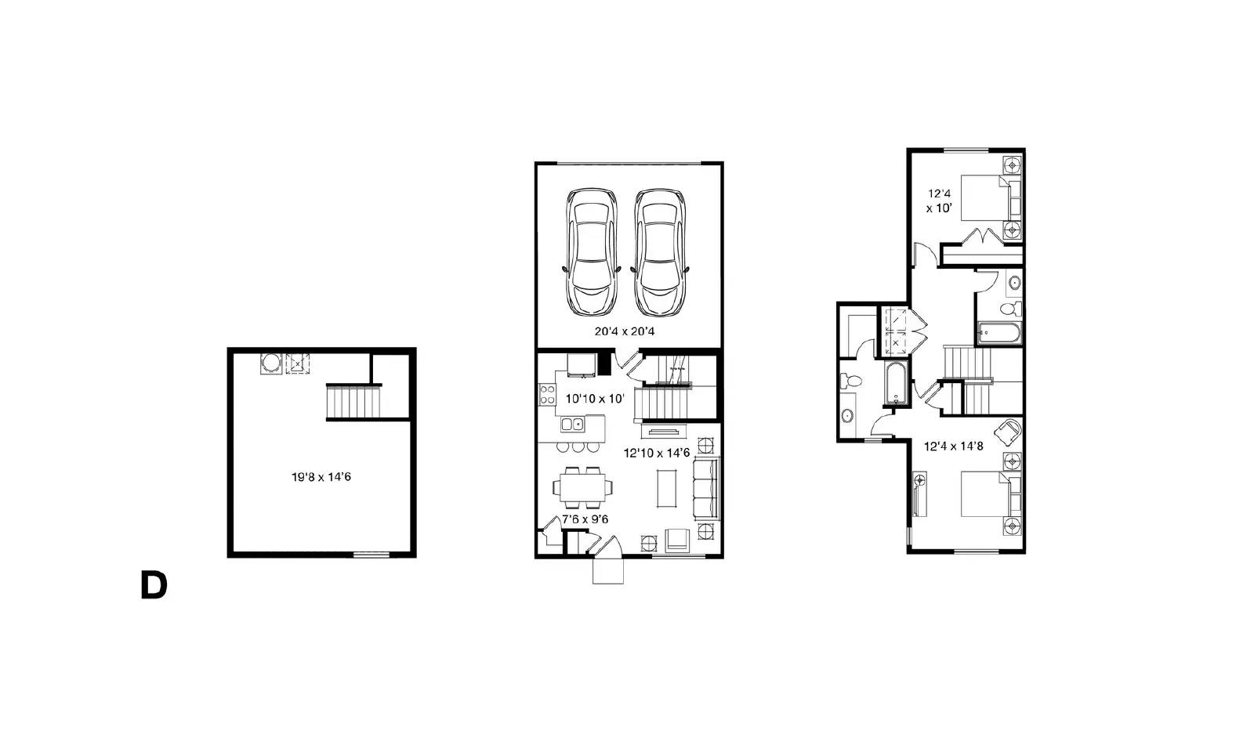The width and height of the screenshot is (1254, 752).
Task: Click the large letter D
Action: (x=154, y=585)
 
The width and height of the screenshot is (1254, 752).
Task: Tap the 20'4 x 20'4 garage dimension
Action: (x=624, y=331)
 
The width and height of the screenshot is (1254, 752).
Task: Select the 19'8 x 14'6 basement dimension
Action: (x=321, y=477)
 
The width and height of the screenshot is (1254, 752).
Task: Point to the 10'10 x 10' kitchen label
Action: (x=595, y=399)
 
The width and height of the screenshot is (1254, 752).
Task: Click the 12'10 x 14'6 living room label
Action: (x=657, y=453)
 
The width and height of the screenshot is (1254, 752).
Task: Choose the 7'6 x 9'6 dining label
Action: (x=585, y=519)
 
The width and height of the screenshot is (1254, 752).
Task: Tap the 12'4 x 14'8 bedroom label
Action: (x=953, y=446)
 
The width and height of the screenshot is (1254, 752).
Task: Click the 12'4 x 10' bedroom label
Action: (x=940, y=201)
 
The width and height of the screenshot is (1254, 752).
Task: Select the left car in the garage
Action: (x=592, y=252)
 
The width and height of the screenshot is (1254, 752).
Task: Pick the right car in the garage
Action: (x=660, y=252)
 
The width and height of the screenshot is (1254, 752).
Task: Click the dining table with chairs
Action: (x=583, y=487)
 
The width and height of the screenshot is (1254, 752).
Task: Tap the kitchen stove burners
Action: (x=548, y=394)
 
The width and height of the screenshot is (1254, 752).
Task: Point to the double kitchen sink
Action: (x=572, y=424)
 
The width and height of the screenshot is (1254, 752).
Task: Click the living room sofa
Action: (x=706, y=488)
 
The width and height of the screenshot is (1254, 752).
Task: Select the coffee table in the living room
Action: (x=666, y=488)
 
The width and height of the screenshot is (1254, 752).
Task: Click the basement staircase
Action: (x=353, y=401)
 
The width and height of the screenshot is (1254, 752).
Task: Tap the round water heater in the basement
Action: (x=271, y=363)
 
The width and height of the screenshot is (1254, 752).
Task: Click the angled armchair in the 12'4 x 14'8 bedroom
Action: (x=1008, y=432)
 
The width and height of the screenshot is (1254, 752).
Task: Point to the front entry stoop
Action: (x=608, y=571)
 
